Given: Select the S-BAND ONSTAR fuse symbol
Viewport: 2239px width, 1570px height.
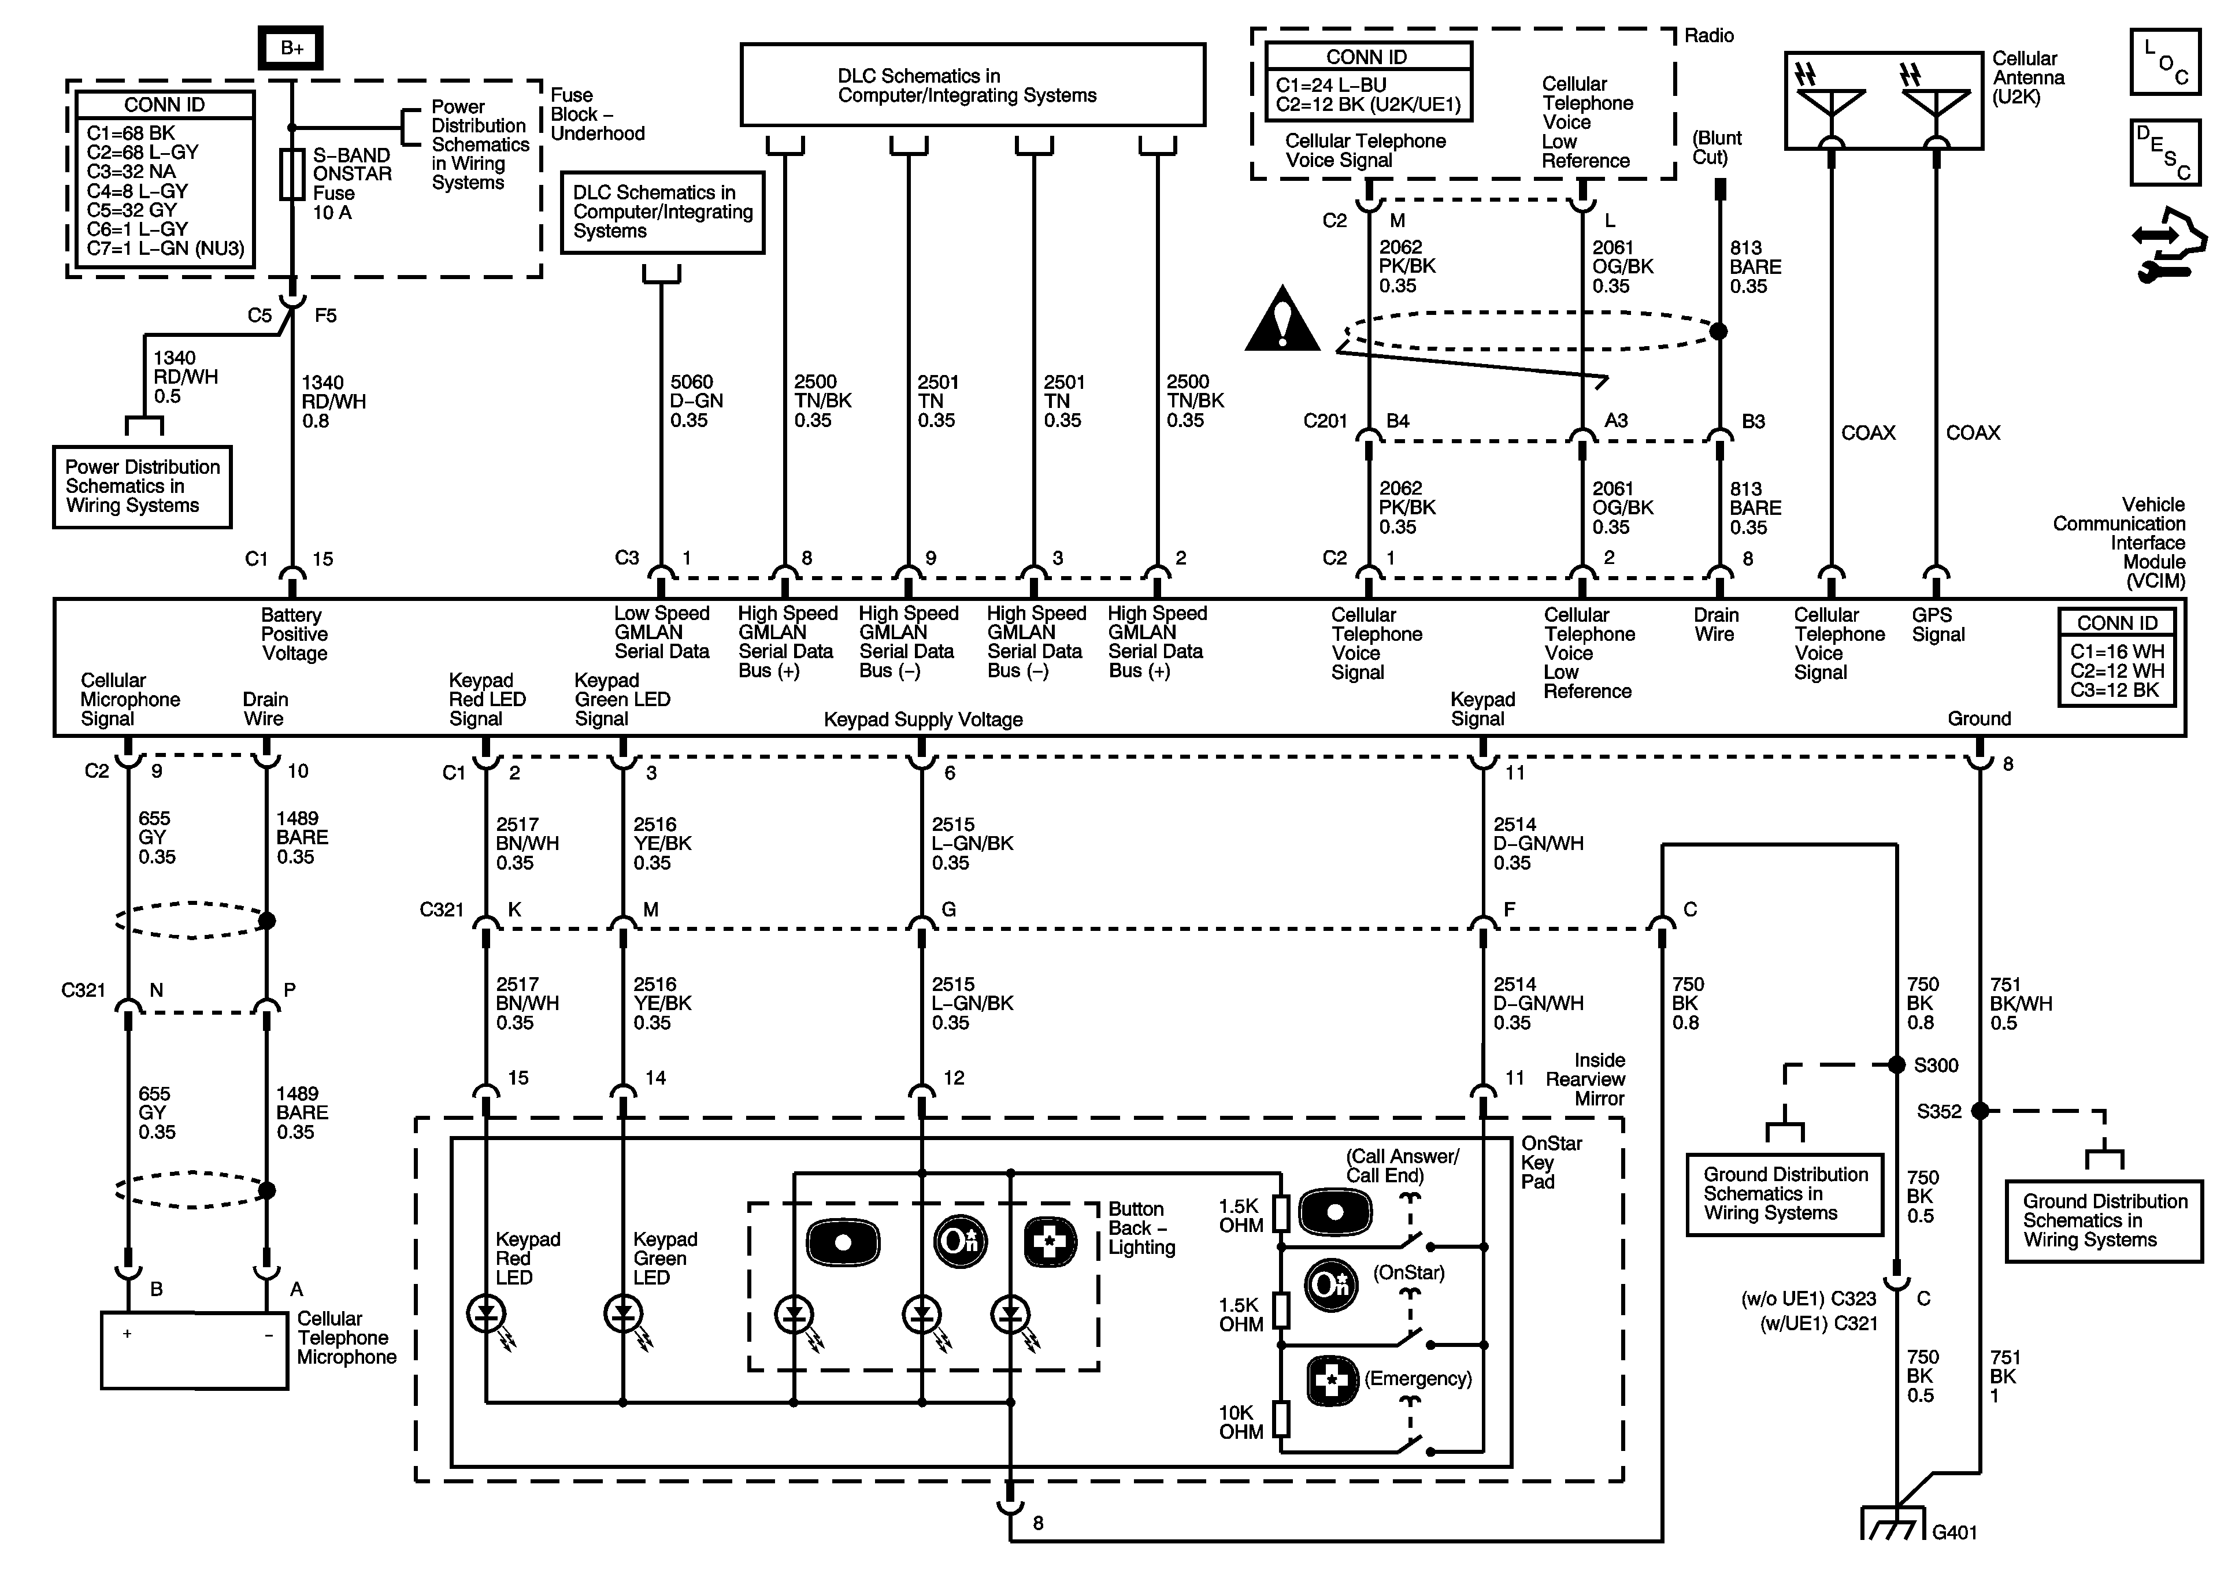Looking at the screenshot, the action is [291, 175].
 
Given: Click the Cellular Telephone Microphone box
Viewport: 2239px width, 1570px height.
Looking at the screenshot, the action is [194, 1350].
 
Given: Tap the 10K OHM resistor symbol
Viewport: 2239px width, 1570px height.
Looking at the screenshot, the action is [1281, 1420].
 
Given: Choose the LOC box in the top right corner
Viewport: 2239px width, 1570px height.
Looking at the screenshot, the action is [2165, 62].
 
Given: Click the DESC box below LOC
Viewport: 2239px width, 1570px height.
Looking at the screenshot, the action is [2165, 152].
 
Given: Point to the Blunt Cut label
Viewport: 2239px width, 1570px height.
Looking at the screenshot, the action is [1717, 147].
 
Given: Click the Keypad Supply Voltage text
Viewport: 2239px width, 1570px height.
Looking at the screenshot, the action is [924, 719].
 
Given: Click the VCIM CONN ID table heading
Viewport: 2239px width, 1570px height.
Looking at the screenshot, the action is [2117, 623].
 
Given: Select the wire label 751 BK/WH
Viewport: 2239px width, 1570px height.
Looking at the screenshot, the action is [2021, 1004].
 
